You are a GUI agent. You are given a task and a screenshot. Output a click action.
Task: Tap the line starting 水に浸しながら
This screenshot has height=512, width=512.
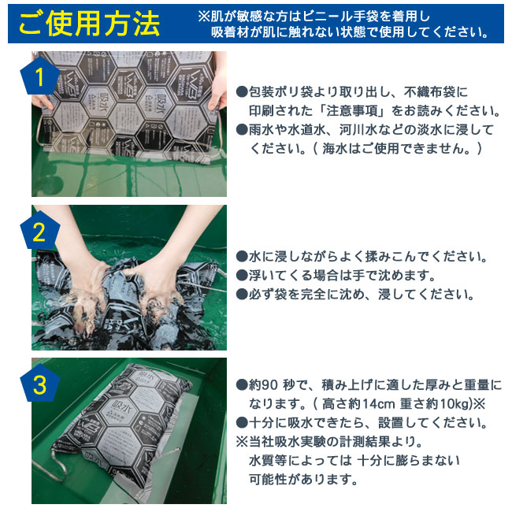tap(362, 258)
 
